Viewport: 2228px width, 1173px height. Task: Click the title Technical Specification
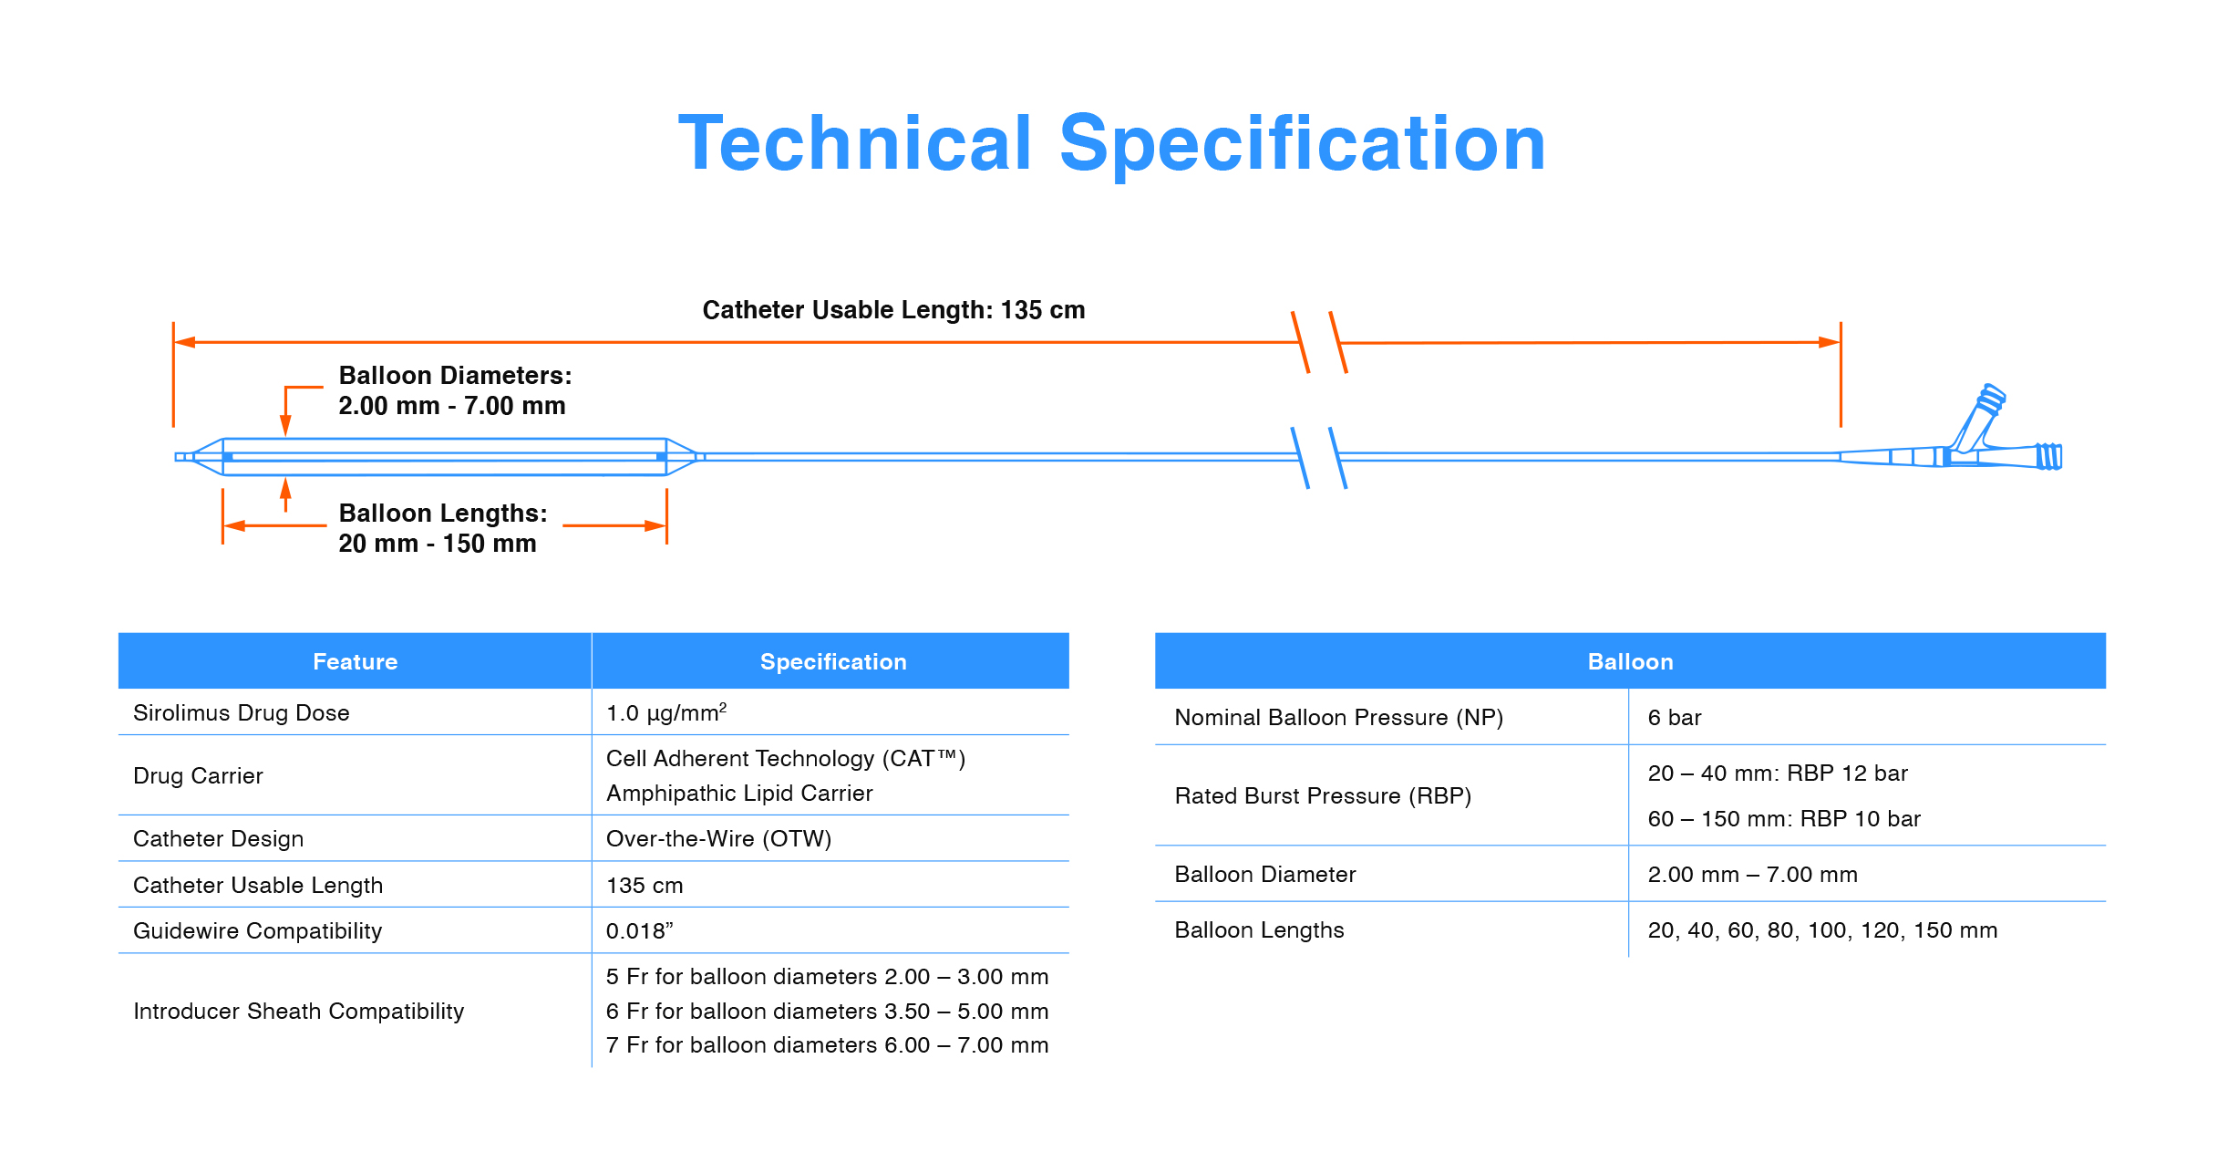point(1112,143)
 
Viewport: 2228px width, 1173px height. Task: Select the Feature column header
point(356,661)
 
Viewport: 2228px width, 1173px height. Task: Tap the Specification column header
point(833,661)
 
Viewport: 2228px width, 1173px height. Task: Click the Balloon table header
point(1630,661)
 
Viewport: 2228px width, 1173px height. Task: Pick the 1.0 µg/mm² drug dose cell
point(666,712)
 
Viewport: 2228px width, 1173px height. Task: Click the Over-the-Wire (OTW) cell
point(718,838)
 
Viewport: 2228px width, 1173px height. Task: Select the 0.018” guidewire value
point(639,930)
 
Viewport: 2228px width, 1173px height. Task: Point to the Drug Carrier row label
point(198,775)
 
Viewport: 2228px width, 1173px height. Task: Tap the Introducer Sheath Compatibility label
point(298,1011)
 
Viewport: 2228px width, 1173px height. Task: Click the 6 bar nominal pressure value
point(1675,718)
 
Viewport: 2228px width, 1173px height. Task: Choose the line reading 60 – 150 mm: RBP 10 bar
point(1784,818)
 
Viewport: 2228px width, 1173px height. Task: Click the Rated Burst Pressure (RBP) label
point(1323,795)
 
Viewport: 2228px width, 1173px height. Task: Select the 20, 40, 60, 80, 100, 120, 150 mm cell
point(1822,930)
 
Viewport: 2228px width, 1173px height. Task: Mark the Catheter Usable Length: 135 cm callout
point(893,310)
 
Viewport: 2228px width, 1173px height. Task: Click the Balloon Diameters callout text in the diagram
point(455,390)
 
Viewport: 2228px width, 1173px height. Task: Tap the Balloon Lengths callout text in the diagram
point(443,528)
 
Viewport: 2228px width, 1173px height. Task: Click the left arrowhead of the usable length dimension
point(184,342)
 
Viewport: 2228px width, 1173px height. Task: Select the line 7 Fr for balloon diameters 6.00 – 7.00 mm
point(827,1044)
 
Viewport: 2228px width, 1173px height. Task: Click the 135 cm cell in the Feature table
point(645,885)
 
